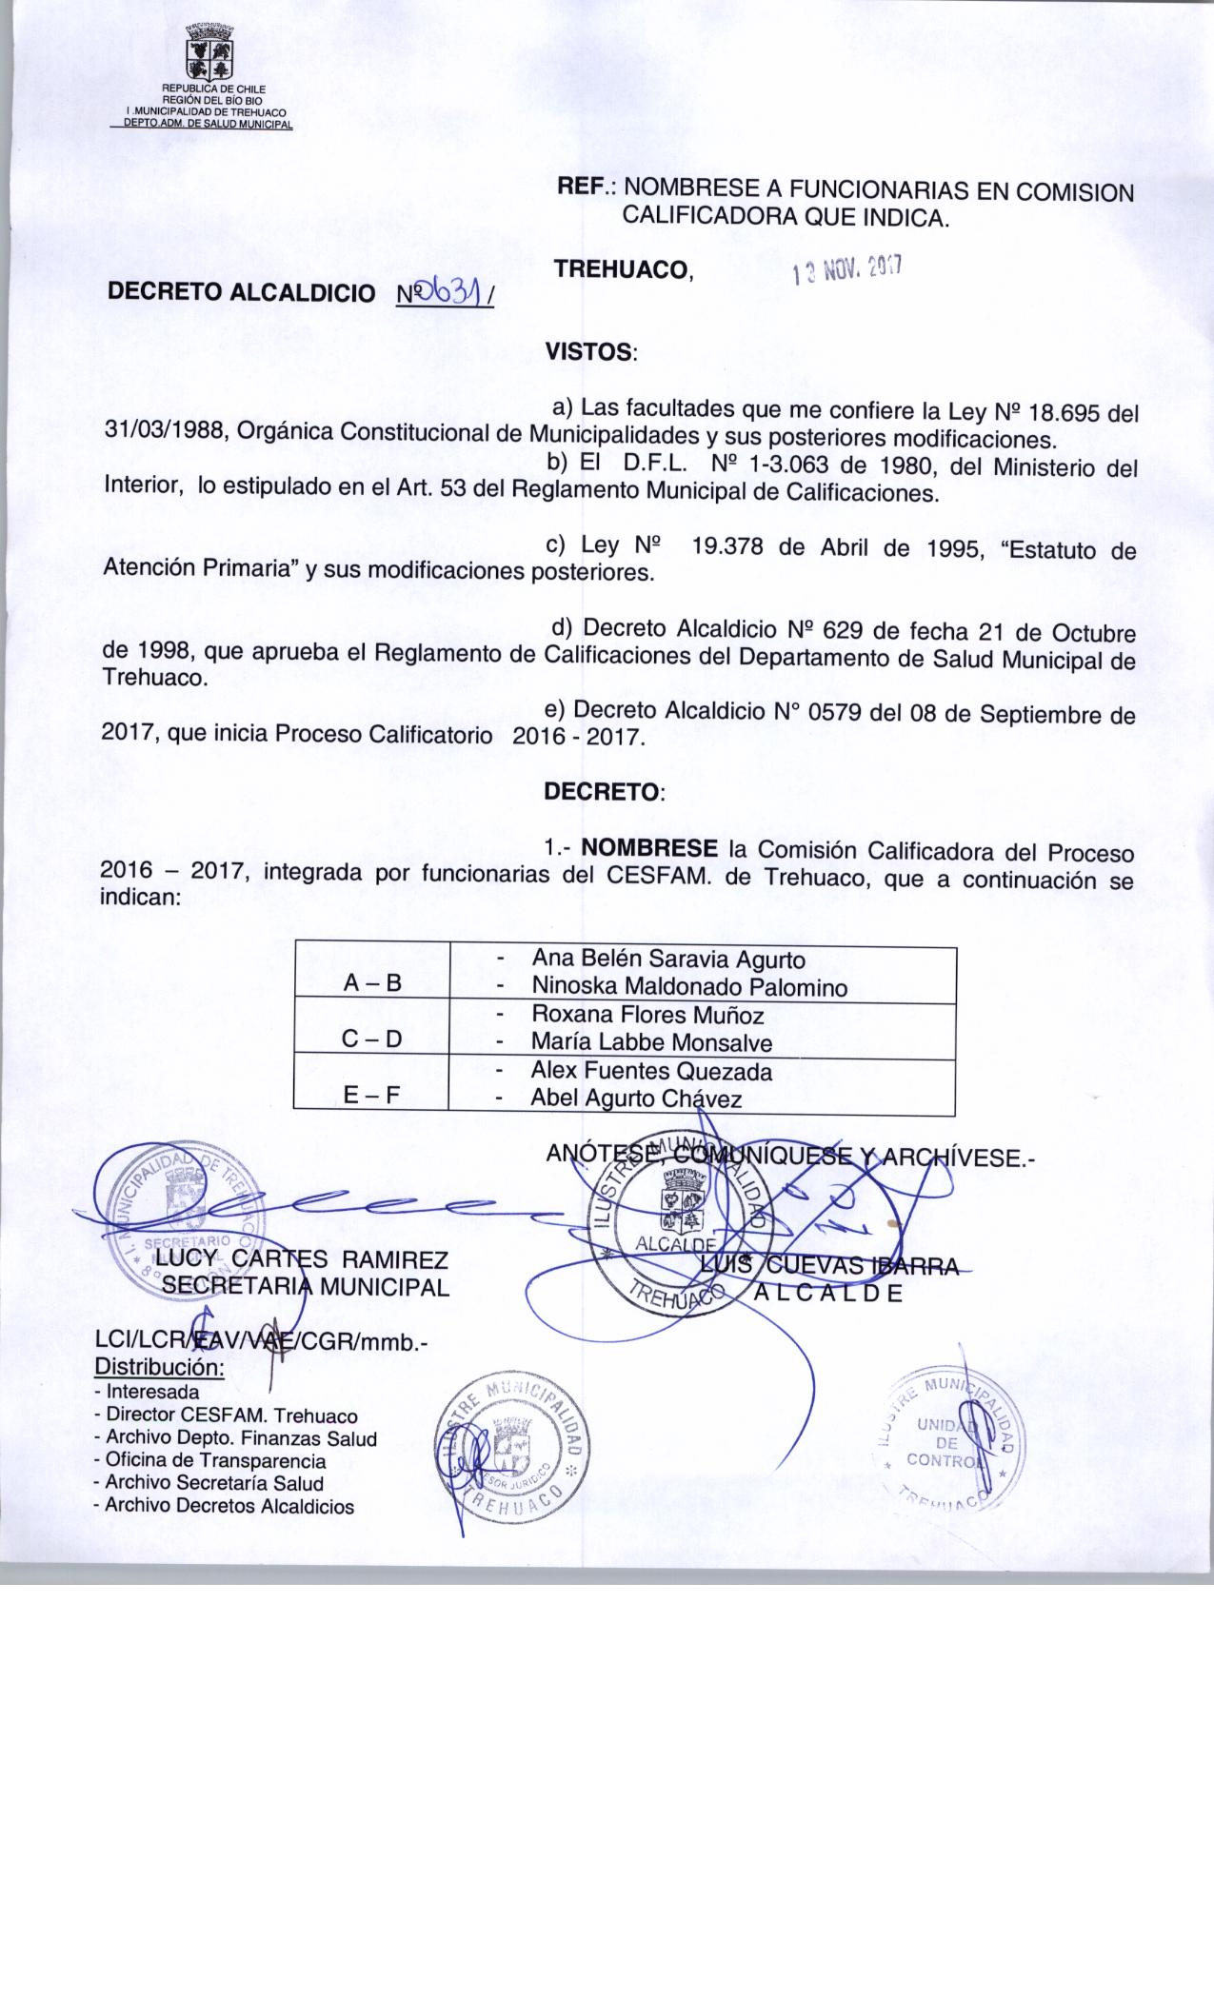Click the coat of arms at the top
[x=209, y=53]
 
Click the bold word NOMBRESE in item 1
[x=649, y=848]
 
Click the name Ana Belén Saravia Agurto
[x=667, y=960]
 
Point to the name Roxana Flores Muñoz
[x=647, y=1015]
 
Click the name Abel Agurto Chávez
[x=635, y=1098]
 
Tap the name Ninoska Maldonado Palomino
[x=689, y=987]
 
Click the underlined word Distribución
[x=159, y=1368]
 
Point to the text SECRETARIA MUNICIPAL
[x=305, y=1288]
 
